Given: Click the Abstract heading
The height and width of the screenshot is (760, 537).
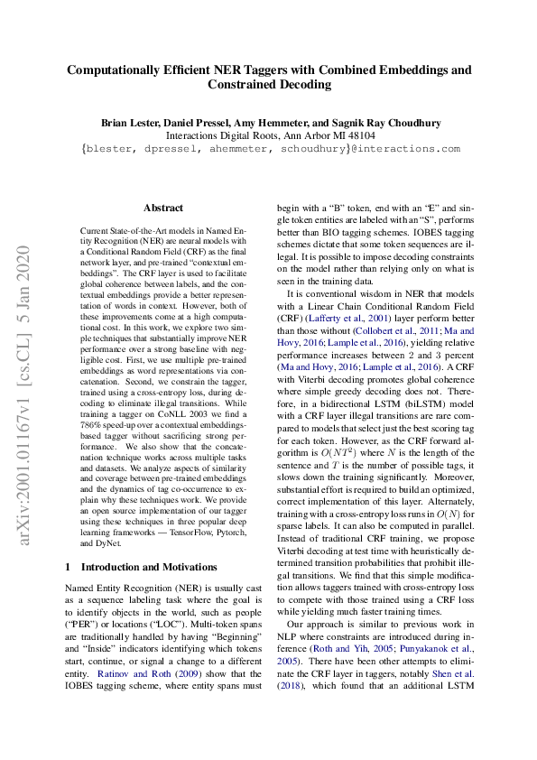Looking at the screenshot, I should coord(163,208).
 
